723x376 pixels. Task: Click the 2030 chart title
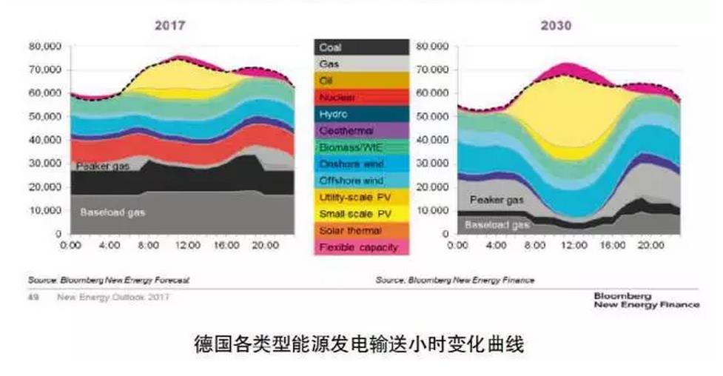[556, 26]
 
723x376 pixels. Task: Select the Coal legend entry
[331, 47]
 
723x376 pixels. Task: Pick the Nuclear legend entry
[337, 98]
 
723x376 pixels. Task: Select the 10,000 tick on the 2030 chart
[433, 211]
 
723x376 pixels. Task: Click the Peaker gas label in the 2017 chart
[103, 167]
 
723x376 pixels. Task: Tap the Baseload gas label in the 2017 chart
[113, 212]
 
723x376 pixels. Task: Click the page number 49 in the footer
[33, 298]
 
